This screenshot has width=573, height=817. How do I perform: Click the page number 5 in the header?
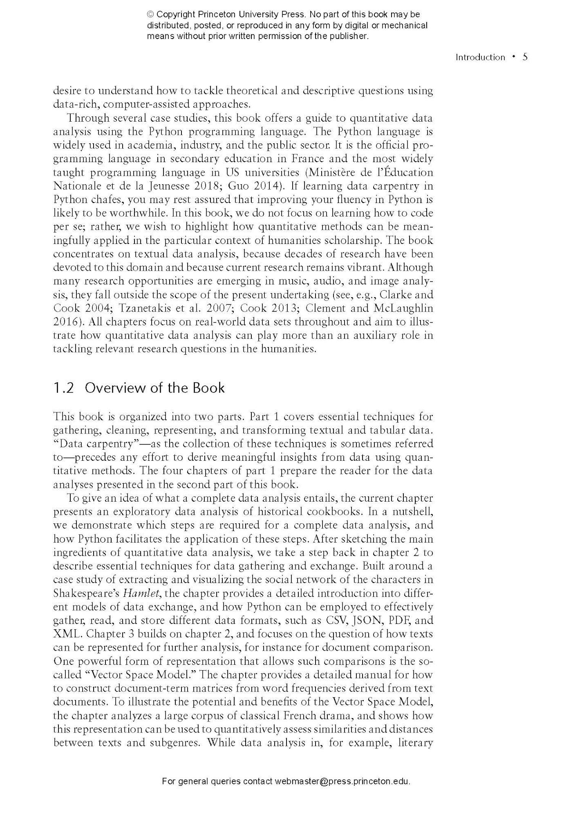pyautogui.click(x=525, y=57)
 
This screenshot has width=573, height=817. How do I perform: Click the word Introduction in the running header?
pyautogui.click(x=480, y=57)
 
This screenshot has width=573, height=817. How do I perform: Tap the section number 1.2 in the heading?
pyautogui.click(x=63, y=388)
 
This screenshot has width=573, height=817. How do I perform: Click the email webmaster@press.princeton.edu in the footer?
pyautogui.click(x=342, y=781)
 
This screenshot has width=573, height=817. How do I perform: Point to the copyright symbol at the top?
pyautogui.click(x=151, y=15)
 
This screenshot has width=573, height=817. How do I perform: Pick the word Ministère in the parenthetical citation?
pyautogui.click(x=332, y=172)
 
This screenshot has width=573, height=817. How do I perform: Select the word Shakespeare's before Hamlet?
pyautogui.click(x=87, y=593)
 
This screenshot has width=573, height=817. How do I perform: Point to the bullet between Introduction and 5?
pyautogui.click(x=514, y=57)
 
